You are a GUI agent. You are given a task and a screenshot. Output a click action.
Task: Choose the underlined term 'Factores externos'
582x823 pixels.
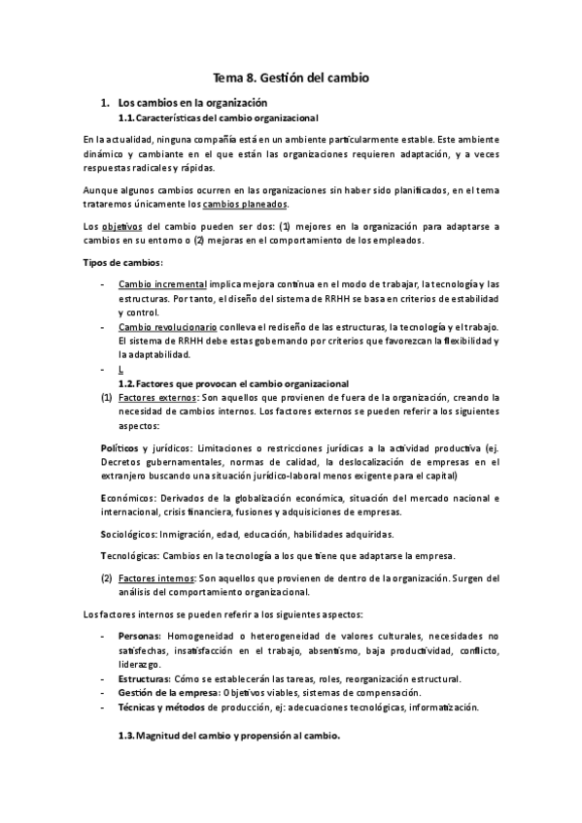pyautogui.click(x=158, y=398)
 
